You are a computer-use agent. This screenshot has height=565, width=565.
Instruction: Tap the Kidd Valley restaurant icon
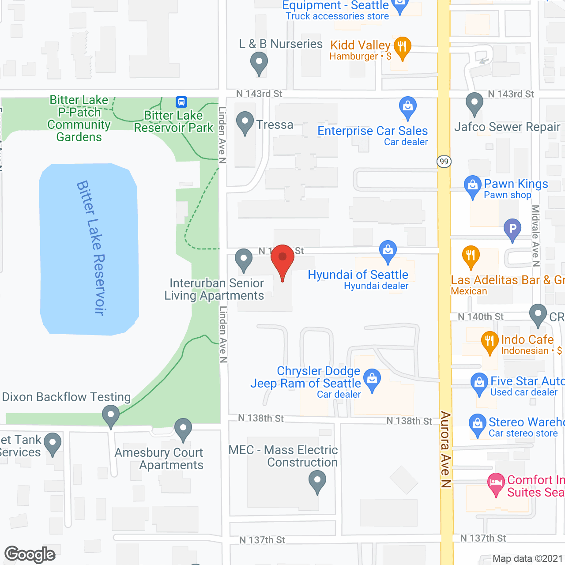[402, 47]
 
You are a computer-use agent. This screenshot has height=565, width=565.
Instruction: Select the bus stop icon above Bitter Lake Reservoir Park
[181, 102]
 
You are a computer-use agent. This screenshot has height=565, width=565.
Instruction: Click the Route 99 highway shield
[444, 162]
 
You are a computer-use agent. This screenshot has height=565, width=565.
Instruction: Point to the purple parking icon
[512, 230]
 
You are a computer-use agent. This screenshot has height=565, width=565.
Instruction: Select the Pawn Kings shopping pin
[472, 186]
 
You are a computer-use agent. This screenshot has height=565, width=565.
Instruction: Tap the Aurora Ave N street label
[445, 449]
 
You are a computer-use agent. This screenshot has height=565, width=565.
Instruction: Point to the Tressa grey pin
[245, 122]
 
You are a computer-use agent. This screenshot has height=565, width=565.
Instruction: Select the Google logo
[30, 555]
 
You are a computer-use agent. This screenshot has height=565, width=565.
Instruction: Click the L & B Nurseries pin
[259, 63]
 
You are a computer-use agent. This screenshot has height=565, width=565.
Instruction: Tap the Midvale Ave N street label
[536, 236]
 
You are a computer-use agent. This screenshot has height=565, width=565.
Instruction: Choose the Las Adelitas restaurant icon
[471, 256]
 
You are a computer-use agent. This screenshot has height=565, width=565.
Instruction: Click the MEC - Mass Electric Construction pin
[317, 481]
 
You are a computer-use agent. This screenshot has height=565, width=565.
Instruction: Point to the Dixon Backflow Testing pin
[110, 416]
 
